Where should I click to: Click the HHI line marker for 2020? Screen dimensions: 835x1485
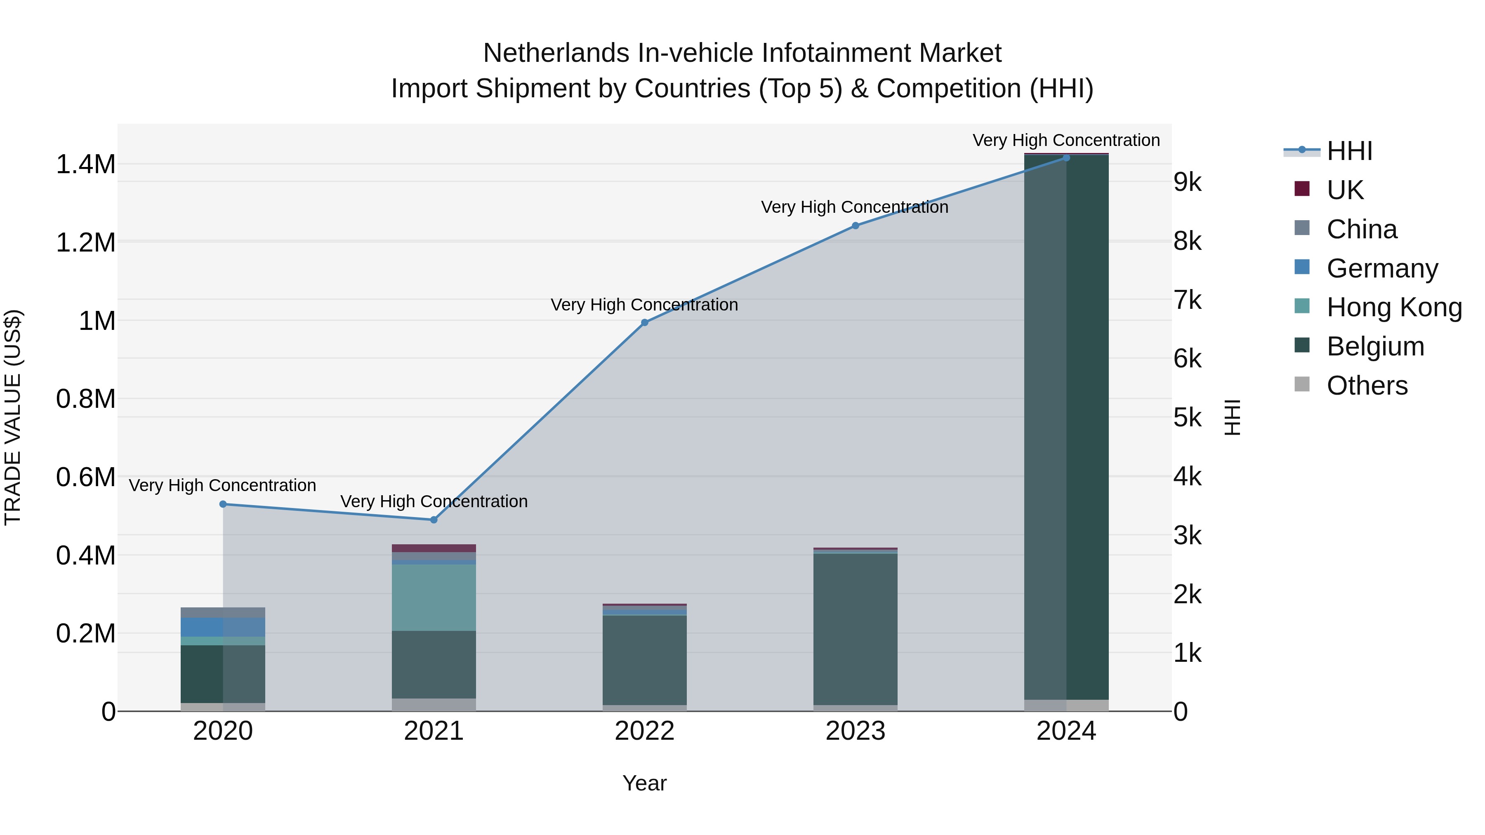(x=223, y=504)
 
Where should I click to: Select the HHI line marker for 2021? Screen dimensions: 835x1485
(x=434, y=520)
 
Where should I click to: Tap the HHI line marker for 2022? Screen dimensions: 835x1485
(x=644, y=323)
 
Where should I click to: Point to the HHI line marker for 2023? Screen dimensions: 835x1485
(x=856, y=226)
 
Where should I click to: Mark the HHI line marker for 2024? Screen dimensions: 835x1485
(x=1066, y=158)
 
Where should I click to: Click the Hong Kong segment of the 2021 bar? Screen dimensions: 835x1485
(x=434, y=597)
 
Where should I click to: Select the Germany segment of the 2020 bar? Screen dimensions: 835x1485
(x=223, y=627)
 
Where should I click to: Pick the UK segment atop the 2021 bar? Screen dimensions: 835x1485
(x=434, y=548)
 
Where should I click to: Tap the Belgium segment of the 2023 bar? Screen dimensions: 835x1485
(x=856, y=628)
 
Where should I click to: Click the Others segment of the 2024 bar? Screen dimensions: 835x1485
(x=1066, y=706)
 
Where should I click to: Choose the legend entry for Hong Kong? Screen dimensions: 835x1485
(x=1394, y=307)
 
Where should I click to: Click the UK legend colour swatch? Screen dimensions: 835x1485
(x=1302, y=188)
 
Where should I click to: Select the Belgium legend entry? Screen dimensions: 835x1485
(x=1375, y=346)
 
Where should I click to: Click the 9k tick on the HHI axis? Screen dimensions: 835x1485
(x=1188, y=183)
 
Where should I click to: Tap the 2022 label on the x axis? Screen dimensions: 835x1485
(x=644, y=731)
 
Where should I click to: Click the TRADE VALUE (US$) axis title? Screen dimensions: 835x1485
(x=13, y=417)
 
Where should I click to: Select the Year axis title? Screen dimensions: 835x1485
(x=644, y=783)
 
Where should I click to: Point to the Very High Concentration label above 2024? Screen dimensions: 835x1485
(x=1066, y=140)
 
